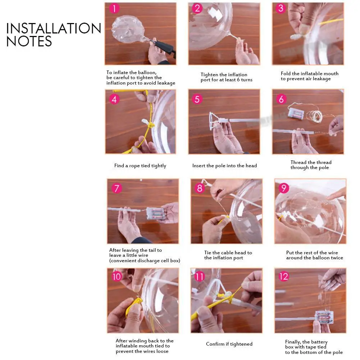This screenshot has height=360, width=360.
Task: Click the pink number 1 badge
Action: pyautogui.click(x=114, y=9)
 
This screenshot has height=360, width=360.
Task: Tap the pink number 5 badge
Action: pyautogui.click(x=197, y=99)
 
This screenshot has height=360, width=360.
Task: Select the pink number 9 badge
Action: pyautogui.click(x=284, y=188)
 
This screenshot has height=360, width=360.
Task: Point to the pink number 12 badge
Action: pyautogui.click(x=284, y=276)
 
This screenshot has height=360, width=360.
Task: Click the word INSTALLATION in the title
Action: pyautogui.click(x=54, y=28)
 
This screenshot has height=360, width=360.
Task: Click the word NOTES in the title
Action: pyautogui.click(x=29, y=41)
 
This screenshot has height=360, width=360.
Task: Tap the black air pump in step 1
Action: pyautogui.click(x=164, y=47)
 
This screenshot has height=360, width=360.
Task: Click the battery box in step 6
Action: pyautogui.click(x=296, y=114)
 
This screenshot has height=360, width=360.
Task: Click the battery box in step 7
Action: pyautogui.click(x=155, y=213)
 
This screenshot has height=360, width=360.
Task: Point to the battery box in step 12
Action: pyautogui.click(x=324, y=317)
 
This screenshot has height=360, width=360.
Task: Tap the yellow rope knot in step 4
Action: pyautogui.click(x=150, y=126)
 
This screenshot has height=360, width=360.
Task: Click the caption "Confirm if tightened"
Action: pyautogui.click(x=229, y=344)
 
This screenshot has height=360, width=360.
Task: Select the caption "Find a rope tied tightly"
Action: pyautogui.click(x=140, y=166)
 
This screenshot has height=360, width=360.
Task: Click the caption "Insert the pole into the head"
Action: pyautogui.click(x=224, y=165)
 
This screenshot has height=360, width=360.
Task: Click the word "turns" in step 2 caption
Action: pyautogui.click(x=247, y=80)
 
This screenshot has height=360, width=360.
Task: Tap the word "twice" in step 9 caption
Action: pyautogui.click(x=337, y=258)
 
